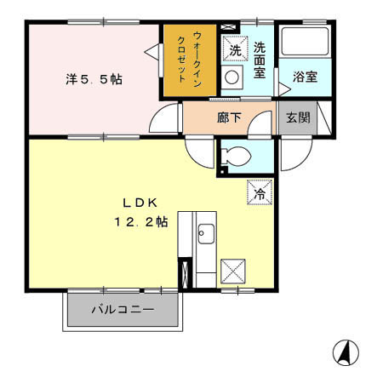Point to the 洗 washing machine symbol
pos(236,51)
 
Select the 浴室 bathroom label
pos(306,76)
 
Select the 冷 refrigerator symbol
pos(260,193)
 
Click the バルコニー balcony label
pos(123,311)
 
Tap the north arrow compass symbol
pos(346,351)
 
